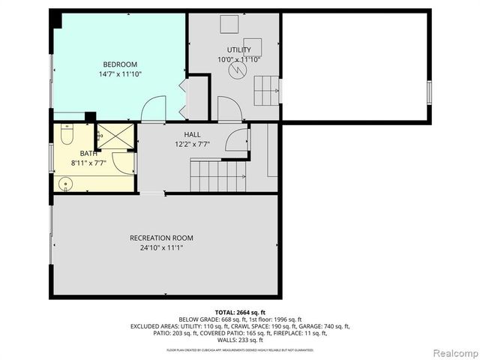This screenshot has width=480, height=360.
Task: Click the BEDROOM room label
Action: (x=120, y=64)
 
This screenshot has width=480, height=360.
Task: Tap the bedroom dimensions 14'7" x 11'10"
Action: (x=120, y=74)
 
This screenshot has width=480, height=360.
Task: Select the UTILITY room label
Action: (x=238, y=49)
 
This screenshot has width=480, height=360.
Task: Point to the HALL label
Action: (x=192, y=134)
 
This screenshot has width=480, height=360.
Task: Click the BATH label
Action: (x=78, y=153)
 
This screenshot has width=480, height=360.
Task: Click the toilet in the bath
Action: (x=65, y=138)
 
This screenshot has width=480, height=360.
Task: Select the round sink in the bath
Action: (x=64, y=182)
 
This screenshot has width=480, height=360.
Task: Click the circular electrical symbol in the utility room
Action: (x=238, y=70)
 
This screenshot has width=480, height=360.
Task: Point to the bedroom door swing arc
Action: (x=153, y=109)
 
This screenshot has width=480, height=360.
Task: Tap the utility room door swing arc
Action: (x=229, y=108)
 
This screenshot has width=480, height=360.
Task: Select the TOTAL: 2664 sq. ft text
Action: (x=240, y=312)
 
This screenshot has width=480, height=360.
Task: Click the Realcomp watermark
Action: (x=454, y=352)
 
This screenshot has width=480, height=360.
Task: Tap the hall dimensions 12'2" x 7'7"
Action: (x=192, y=144)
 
